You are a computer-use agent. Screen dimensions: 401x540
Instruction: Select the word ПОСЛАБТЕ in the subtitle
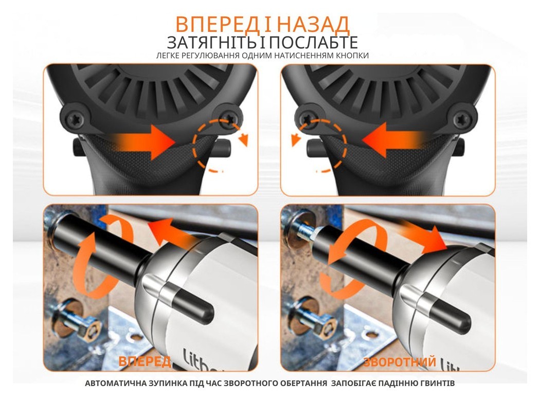pos(314,43)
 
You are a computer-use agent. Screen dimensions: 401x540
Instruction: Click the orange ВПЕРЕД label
pos(145,361)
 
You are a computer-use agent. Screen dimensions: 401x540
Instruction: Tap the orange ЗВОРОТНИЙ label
pos(400,362)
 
